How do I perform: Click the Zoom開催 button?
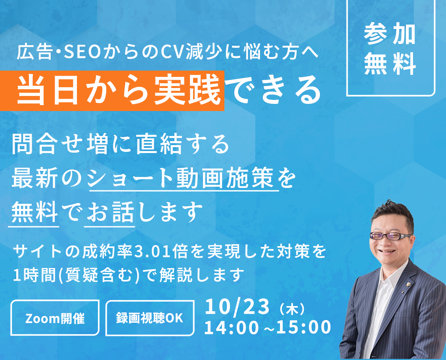(55, 318)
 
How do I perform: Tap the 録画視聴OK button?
(150, 318)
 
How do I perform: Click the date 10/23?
(237, 306)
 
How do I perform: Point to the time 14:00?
(232, 327)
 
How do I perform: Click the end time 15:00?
(304, 327)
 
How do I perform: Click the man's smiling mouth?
(387, 251)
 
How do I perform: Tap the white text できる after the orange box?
(275, 90)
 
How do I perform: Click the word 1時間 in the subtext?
(34, 275)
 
